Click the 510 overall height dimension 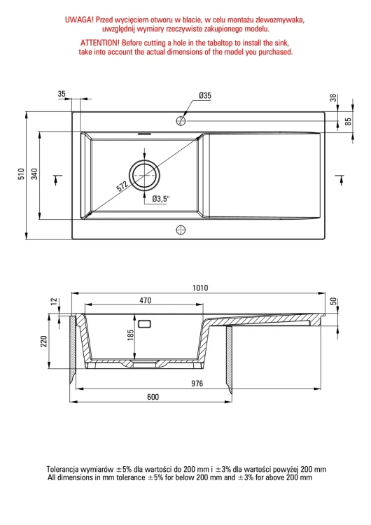click(22, 174)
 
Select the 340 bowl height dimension click(35, 174)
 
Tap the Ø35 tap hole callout click(204, 95)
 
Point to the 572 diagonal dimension click(122, 186)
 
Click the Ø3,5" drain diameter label click(161, 199)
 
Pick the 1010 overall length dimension click(200, 288)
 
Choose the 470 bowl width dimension click(146, 300)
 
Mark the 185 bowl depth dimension click(131, 335)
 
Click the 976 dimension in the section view click(197, 384)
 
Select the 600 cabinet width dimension click(153, 397)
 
